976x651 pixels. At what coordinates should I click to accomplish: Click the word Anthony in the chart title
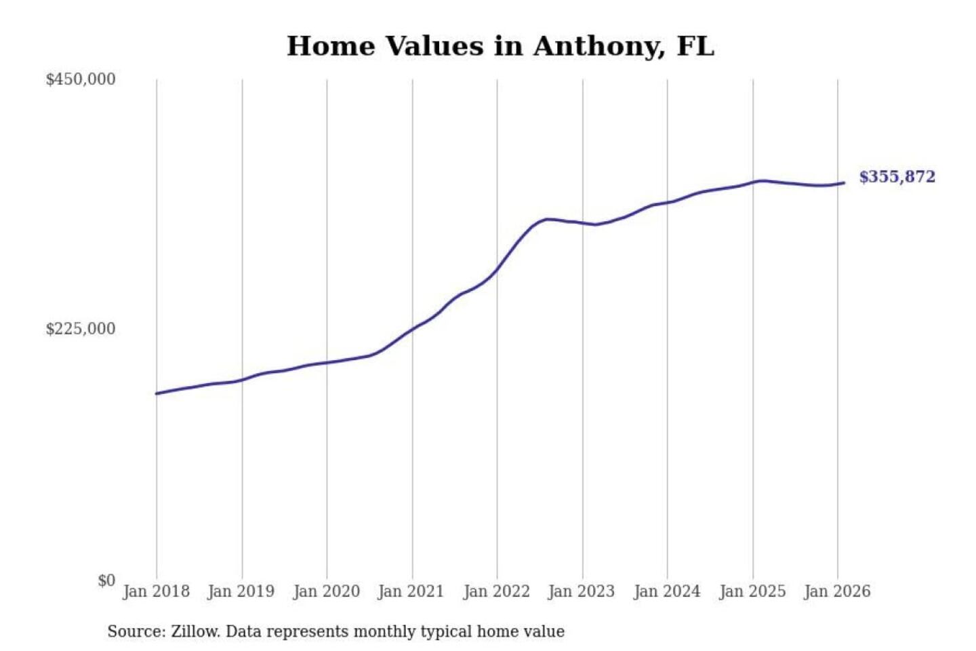click(x=595, y=47)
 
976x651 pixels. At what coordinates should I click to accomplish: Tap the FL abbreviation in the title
click(x=695, y=47)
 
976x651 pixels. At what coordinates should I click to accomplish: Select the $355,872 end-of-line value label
click(x=897, y=177)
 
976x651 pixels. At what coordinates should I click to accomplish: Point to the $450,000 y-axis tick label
click(x=81, y=79)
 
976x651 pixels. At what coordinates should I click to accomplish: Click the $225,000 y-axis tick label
click(x=81, y=329)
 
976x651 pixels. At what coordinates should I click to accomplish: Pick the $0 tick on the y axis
click(x=106, y=580)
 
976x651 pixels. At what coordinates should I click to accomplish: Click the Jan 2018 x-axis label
click(x=156, y=591)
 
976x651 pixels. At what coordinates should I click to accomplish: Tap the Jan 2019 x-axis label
click(x=241, y=591)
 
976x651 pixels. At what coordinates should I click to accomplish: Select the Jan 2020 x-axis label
click(x=326, y=591)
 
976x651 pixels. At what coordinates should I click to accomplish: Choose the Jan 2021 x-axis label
click(x=411, y=591)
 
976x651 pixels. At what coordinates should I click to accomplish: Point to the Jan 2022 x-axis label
click(x=496, y=591)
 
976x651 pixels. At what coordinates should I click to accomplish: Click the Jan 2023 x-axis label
click(x=581, y=591)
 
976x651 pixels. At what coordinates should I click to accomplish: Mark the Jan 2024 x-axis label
click(x=666, y=591)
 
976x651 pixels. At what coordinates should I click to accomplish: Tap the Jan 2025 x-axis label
click(x=752, y=591)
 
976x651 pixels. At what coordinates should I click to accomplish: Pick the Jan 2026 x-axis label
click(x=836, y=591)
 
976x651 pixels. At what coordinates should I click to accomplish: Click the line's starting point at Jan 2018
click(x=157, y=393)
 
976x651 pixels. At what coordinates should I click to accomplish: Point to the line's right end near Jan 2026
click(x=843, y=183)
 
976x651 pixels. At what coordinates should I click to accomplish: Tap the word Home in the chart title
click(x=331, y=47)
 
